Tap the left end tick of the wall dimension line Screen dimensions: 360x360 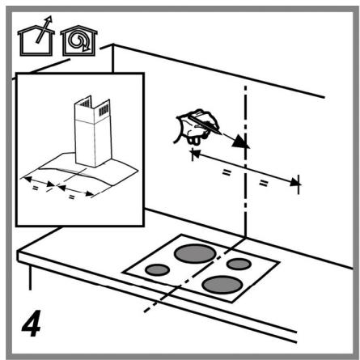[x=192, y=154]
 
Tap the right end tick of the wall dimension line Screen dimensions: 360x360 [x=299, y=186]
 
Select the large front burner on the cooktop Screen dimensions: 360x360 [x=223, y=285]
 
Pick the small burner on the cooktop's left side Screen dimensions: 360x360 [x=158, y=269]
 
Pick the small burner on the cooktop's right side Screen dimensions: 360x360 [x=238, y=265]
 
